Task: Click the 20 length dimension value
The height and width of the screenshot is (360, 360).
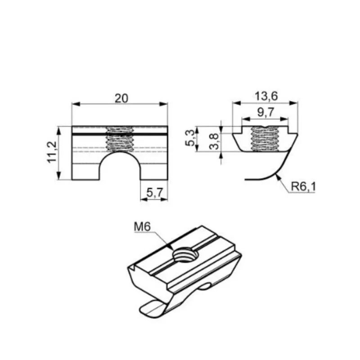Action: pyautogui.click(x=121, y=99)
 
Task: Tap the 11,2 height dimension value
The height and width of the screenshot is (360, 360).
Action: pyautogui.click(x=52, y=152)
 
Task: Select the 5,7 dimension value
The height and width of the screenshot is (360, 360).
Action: pyautogui.click(x=155, y=193)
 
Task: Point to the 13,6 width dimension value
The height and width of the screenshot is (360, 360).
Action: pyautogui.click(x=266, y=96)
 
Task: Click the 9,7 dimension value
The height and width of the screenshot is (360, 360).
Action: pyautogui.click(x=266, y=112)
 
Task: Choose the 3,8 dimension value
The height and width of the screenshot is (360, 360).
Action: pyautogui.click(x=214, y=141)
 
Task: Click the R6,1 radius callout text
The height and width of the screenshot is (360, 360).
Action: pyautogui.click(x=303, y=186)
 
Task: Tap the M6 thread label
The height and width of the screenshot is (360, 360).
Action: pyautogui.click(x=142, y=227)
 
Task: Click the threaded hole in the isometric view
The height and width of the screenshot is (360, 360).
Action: pyautogui.click(x=186, y=255)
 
